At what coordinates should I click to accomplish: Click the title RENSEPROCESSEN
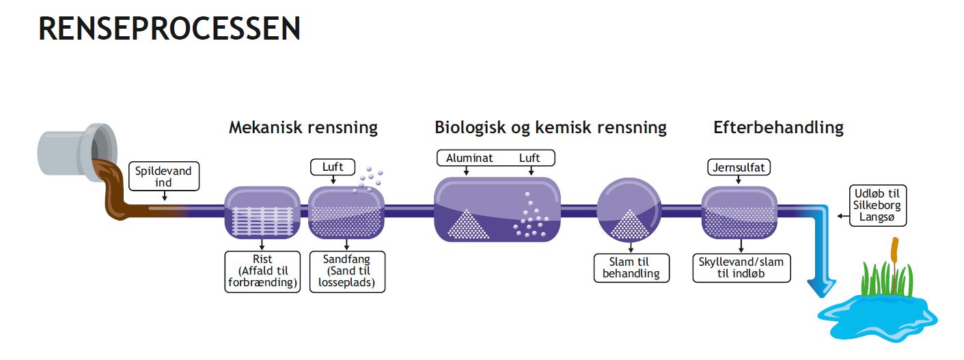coord(169,29)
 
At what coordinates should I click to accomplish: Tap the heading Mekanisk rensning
coord(303,128)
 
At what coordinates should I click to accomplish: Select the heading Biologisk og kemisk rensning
coord(550,128)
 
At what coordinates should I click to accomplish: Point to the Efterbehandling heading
coord(778,127)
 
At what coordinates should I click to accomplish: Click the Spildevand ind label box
coord(163,177)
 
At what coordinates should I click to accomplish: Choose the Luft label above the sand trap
coord(333,166)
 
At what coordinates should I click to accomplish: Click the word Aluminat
coord(469,158)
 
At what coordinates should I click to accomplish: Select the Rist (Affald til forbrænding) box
coord(262,272)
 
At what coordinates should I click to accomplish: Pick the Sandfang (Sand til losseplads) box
coord(346,272)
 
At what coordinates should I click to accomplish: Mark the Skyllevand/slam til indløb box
coord(741,268)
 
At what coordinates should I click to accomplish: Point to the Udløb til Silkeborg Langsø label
coord(878,205)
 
